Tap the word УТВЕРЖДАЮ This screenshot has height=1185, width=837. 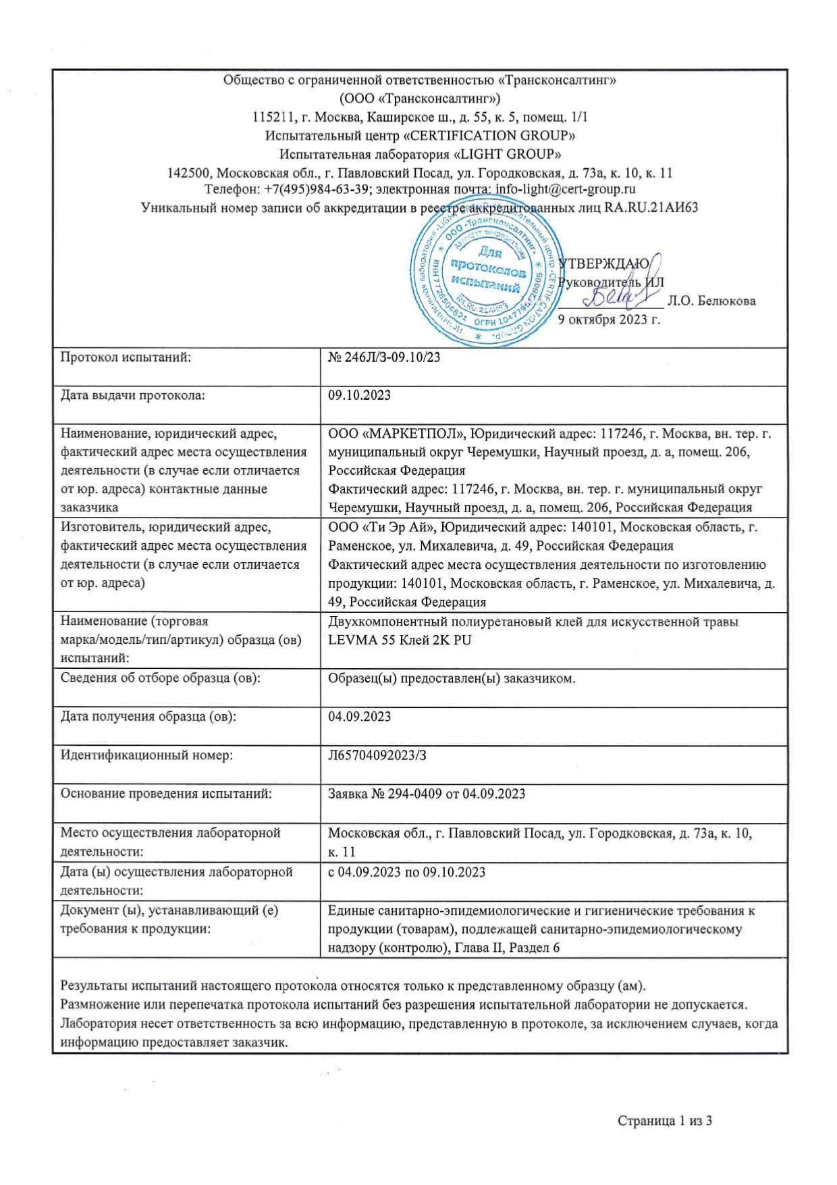point(605,263)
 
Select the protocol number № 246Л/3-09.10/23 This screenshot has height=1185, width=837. point(384,357)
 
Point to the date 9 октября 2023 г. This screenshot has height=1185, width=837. point(609,320)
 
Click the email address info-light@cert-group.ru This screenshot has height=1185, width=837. point(566,189)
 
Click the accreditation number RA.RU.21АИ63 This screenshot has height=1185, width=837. point(651,207)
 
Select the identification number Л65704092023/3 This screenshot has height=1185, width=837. point(377,755)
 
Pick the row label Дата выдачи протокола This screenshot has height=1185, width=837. point(133,396)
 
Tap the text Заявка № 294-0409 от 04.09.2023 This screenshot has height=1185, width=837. point(427,794)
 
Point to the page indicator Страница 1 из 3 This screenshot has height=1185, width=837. point(666,1121)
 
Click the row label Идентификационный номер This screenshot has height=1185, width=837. point(146,755)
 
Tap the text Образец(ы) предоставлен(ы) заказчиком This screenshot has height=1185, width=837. point(452,678)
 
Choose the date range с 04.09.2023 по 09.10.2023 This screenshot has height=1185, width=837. point(406,872)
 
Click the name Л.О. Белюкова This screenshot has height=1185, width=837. point(711,301)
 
